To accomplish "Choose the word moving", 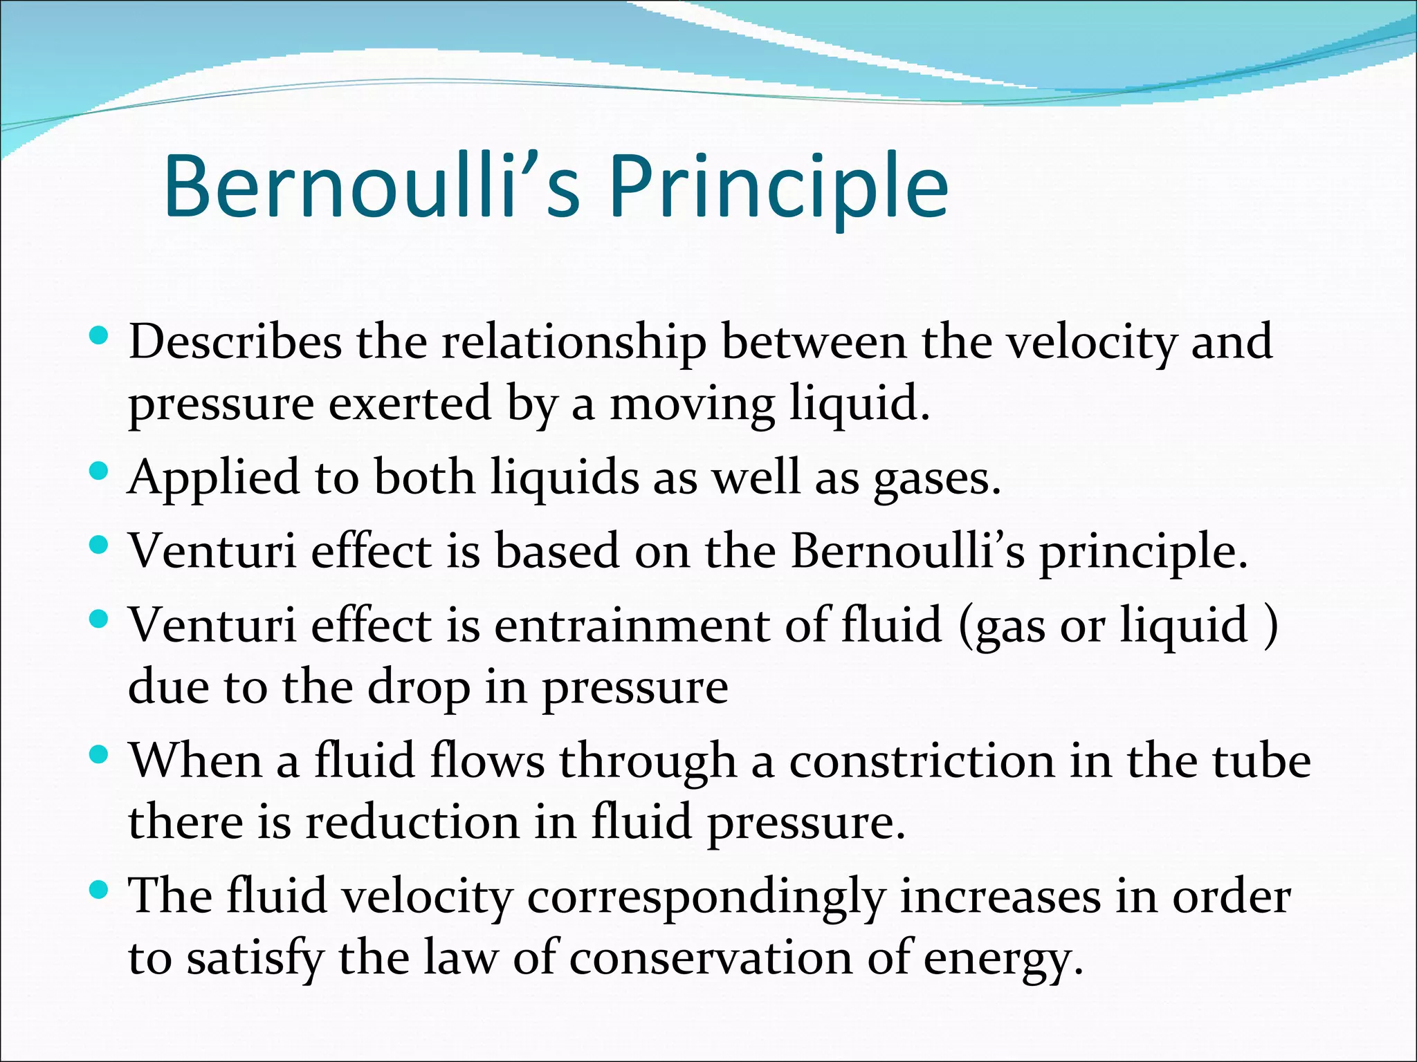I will click(691, 404).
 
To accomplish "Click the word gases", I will click(937, 478).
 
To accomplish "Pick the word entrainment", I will click(632, 625).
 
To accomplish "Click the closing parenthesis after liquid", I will click(1270, 626).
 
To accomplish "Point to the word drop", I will click(418, 688).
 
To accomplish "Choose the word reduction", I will click(412, 822).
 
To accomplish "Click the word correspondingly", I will click(706, 897).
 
